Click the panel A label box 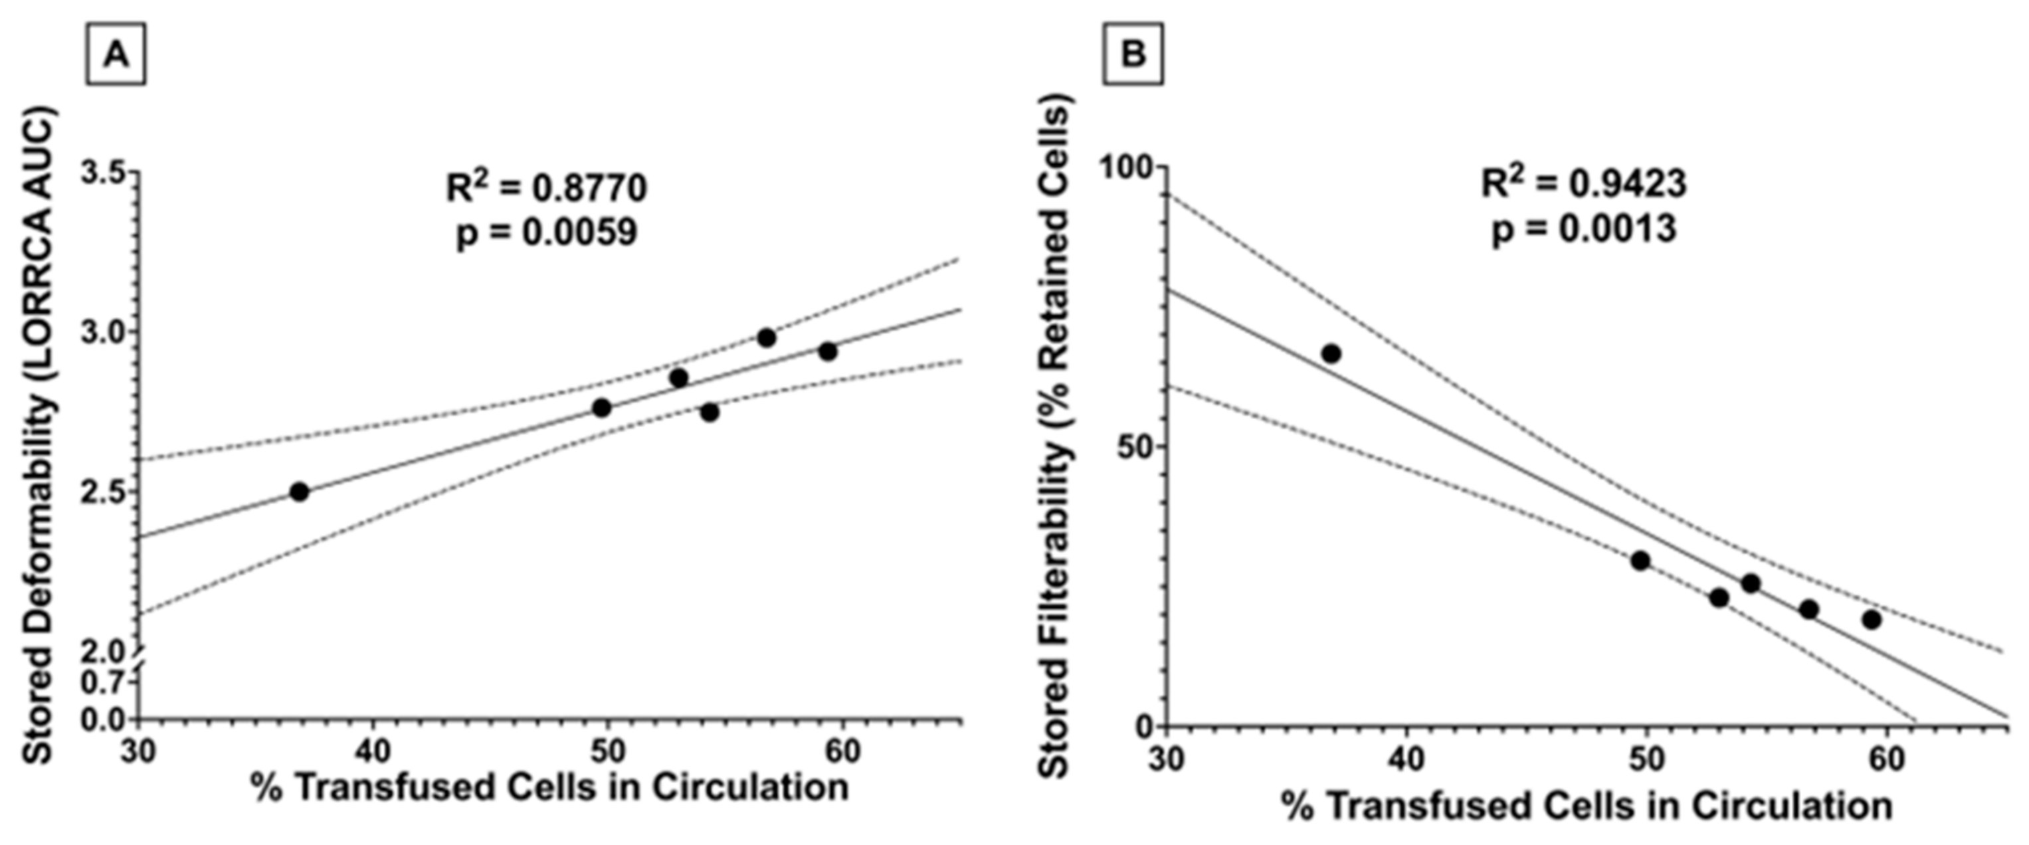[x=115, y=55]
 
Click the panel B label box [x=1133, y=55]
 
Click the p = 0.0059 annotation [x=547, y=233]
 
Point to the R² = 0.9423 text [x=1583, y=183]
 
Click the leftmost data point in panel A [x=298, y=492]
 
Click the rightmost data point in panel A [x=827, y=351]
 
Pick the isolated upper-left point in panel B [x=1331, y=353]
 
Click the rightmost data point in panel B [x=1872, y=620]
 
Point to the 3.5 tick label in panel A [x=103, y=173]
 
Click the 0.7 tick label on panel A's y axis [x=103, y=682]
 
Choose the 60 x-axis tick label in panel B [x=1886, y=761]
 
